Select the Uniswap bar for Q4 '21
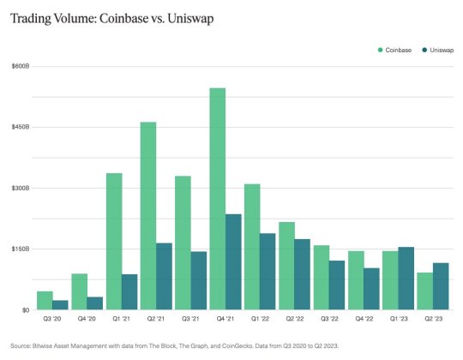(233, 261)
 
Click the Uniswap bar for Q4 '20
(95, 303)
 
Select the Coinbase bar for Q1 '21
(114, 241)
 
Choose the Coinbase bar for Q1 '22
(251, 246)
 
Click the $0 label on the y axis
(25, 309)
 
